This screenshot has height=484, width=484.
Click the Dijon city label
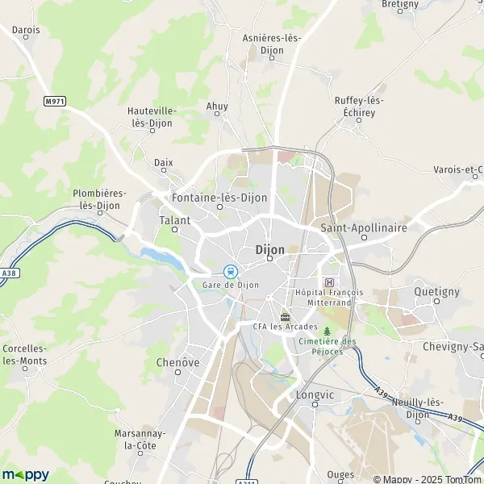[x=269, y=250]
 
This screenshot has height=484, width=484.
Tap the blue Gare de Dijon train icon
[x=230, y=272]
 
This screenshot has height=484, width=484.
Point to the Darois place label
[x=26, y=30]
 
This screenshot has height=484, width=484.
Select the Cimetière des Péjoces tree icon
[x=326, y=331]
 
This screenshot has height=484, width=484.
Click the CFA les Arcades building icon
[x=284, y=315]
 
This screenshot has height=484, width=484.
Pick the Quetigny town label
[x=436, y=290]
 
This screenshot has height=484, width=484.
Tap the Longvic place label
[x=315, y=395]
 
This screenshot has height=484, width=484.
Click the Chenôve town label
[x=177, y=363]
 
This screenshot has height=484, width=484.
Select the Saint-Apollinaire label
[x=363, y=227]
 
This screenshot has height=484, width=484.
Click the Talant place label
[x=175, y=220]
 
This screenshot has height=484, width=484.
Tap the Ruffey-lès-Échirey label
[x=359, y=106]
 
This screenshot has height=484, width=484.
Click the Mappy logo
[x=25, y=474]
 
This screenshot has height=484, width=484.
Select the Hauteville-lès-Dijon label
[x=152, y=116]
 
